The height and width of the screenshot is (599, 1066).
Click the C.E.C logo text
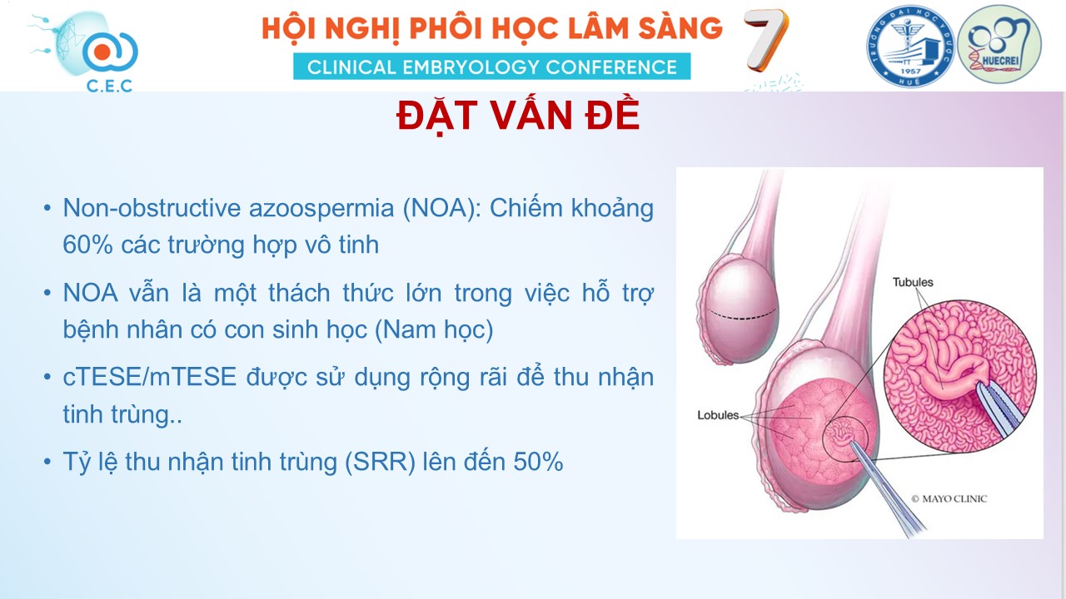109,86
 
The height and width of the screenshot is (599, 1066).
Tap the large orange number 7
765,40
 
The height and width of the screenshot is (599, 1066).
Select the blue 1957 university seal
910,46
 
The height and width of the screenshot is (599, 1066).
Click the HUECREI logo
999,45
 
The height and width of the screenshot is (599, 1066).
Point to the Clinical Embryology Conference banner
491,67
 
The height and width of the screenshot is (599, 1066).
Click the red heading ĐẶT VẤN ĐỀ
518,116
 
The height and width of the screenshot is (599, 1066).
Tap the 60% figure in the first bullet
87,245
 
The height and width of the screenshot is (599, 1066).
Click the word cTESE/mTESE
149,377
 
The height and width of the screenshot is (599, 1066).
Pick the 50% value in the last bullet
538,462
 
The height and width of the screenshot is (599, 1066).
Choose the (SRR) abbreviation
381,462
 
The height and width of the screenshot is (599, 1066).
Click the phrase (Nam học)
434,330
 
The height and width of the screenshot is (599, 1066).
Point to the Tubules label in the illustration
912,282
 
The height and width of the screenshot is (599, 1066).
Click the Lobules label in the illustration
718,415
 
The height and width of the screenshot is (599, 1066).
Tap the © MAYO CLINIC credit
949,498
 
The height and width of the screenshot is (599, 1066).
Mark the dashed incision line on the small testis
741,314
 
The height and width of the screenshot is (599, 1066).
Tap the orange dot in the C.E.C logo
102,52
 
